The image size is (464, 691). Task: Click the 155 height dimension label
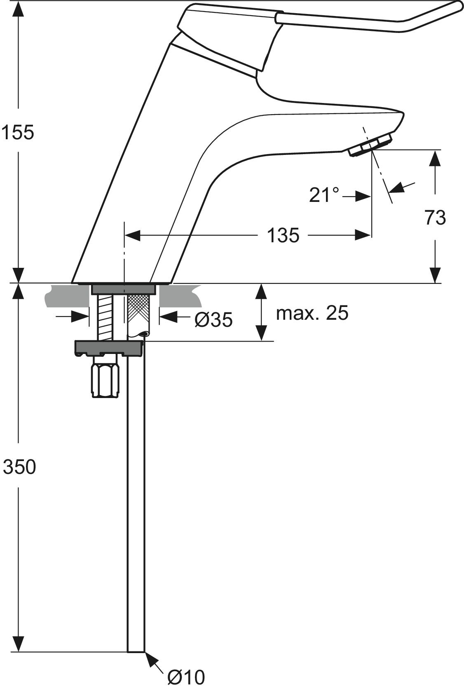(x=17, y=133)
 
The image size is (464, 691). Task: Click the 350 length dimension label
(x=19, y=467)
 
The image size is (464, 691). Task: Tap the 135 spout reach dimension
(x=283, y=236)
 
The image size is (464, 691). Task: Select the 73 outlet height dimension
(x=435, y=218)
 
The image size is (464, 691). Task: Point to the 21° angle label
(x=324, y=195)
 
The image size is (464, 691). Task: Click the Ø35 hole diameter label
(x=213, y=319)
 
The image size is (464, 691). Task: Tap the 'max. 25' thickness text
(x=312, y=313)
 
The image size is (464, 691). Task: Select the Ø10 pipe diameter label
(x=186, y=677)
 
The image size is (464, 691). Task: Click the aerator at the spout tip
(x=370, y=145)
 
